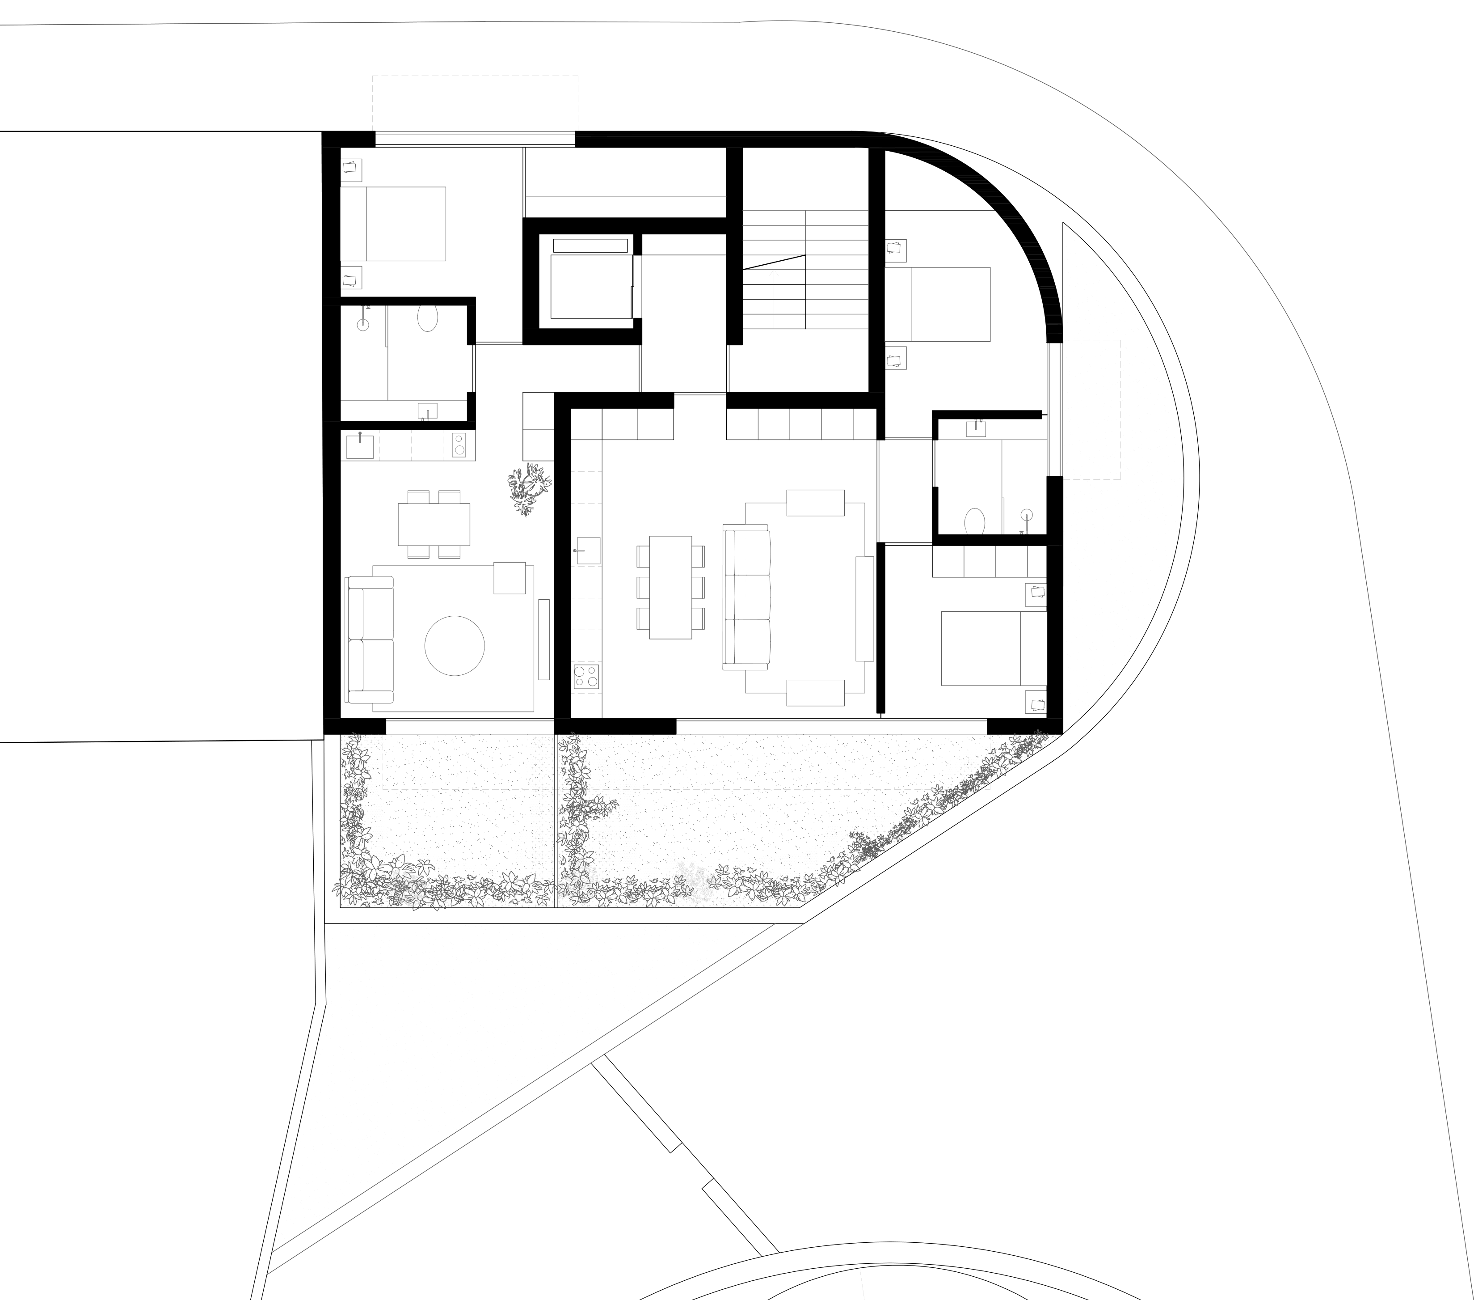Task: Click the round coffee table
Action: point(455,646)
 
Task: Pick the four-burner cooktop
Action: point(586,677)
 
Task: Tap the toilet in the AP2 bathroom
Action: point(428,318)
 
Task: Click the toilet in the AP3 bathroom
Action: point(975,521)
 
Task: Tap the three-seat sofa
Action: point(747,597)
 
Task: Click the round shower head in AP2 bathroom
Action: point(363,324)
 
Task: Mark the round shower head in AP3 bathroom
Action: point(1026,515)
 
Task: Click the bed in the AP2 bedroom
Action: point(393,224)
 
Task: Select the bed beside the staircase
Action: point(938,305)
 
